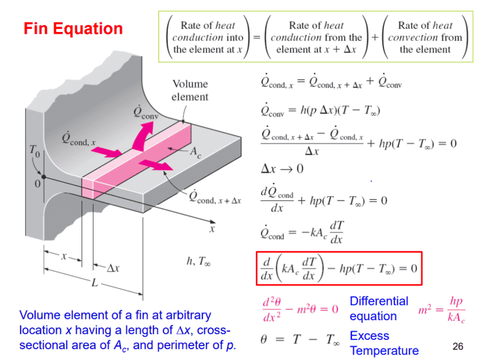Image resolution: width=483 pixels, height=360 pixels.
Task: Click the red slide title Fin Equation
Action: coord(73,28)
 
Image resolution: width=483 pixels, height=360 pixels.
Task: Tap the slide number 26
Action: coord(458,346)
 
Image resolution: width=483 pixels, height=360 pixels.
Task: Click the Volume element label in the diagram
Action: coord(190,90)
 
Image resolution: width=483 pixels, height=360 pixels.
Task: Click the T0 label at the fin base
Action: coord(36,150)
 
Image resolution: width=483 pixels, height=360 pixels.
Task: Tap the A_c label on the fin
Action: coord(196,152)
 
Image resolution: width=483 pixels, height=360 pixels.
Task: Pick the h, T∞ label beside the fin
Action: coord(199,262)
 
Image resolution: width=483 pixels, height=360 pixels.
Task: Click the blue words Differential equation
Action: coord(379,308)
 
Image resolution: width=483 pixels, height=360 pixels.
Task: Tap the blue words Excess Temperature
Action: coord(384,343)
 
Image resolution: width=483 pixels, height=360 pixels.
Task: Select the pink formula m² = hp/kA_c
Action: coord(442,309)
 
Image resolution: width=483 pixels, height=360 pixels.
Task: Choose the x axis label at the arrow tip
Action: coord(212,230)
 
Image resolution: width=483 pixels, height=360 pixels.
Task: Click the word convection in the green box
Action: coord(425,37)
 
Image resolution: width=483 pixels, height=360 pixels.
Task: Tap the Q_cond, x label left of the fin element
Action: coord(82,138)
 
